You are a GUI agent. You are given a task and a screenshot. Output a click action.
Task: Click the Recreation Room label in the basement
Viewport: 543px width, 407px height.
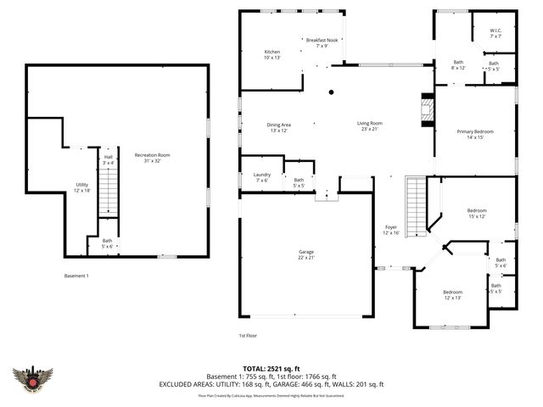153,158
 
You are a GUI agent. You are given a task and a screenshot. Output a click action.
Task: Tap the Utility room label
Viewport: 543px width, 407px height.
82,187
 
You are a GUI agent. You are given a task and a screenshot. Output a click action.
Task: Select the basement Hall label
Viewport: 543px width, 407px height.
109,160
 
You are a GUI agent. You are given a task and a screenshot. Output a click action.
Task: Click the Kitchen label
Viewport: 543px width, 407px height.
272,54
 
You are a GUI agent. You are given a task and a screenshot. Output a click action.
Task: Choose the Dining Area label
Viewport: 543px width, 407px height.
279,128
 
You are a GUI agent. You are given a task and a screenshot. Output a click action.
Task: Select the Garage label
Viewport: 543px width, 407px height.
305,254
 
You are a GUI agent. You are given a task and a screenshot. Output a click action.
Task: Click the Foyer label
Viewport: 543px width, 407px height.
391,230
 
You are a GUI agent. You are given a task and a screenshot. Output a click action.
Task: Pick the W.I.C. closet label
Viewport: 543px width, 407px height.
495,34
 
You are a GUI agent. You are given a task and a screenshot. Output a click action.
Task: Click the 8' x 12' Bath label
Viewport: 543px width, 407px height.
458,64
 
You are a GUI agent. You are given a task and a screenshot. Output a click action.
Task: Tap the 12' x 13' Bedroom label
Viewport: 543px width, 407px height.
452,294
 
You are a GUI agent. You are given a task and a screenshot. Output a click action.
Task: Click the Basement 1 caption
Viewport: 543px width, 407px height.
76,276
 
